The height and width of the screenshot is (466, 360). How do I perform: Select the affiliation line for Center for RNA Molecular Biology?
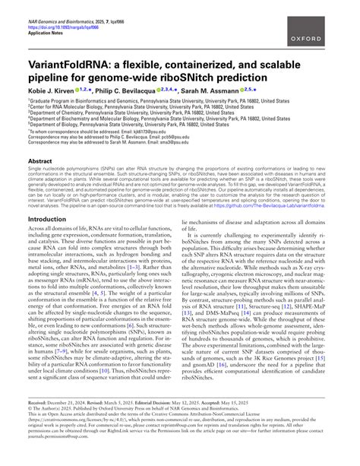pos(122,106)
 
